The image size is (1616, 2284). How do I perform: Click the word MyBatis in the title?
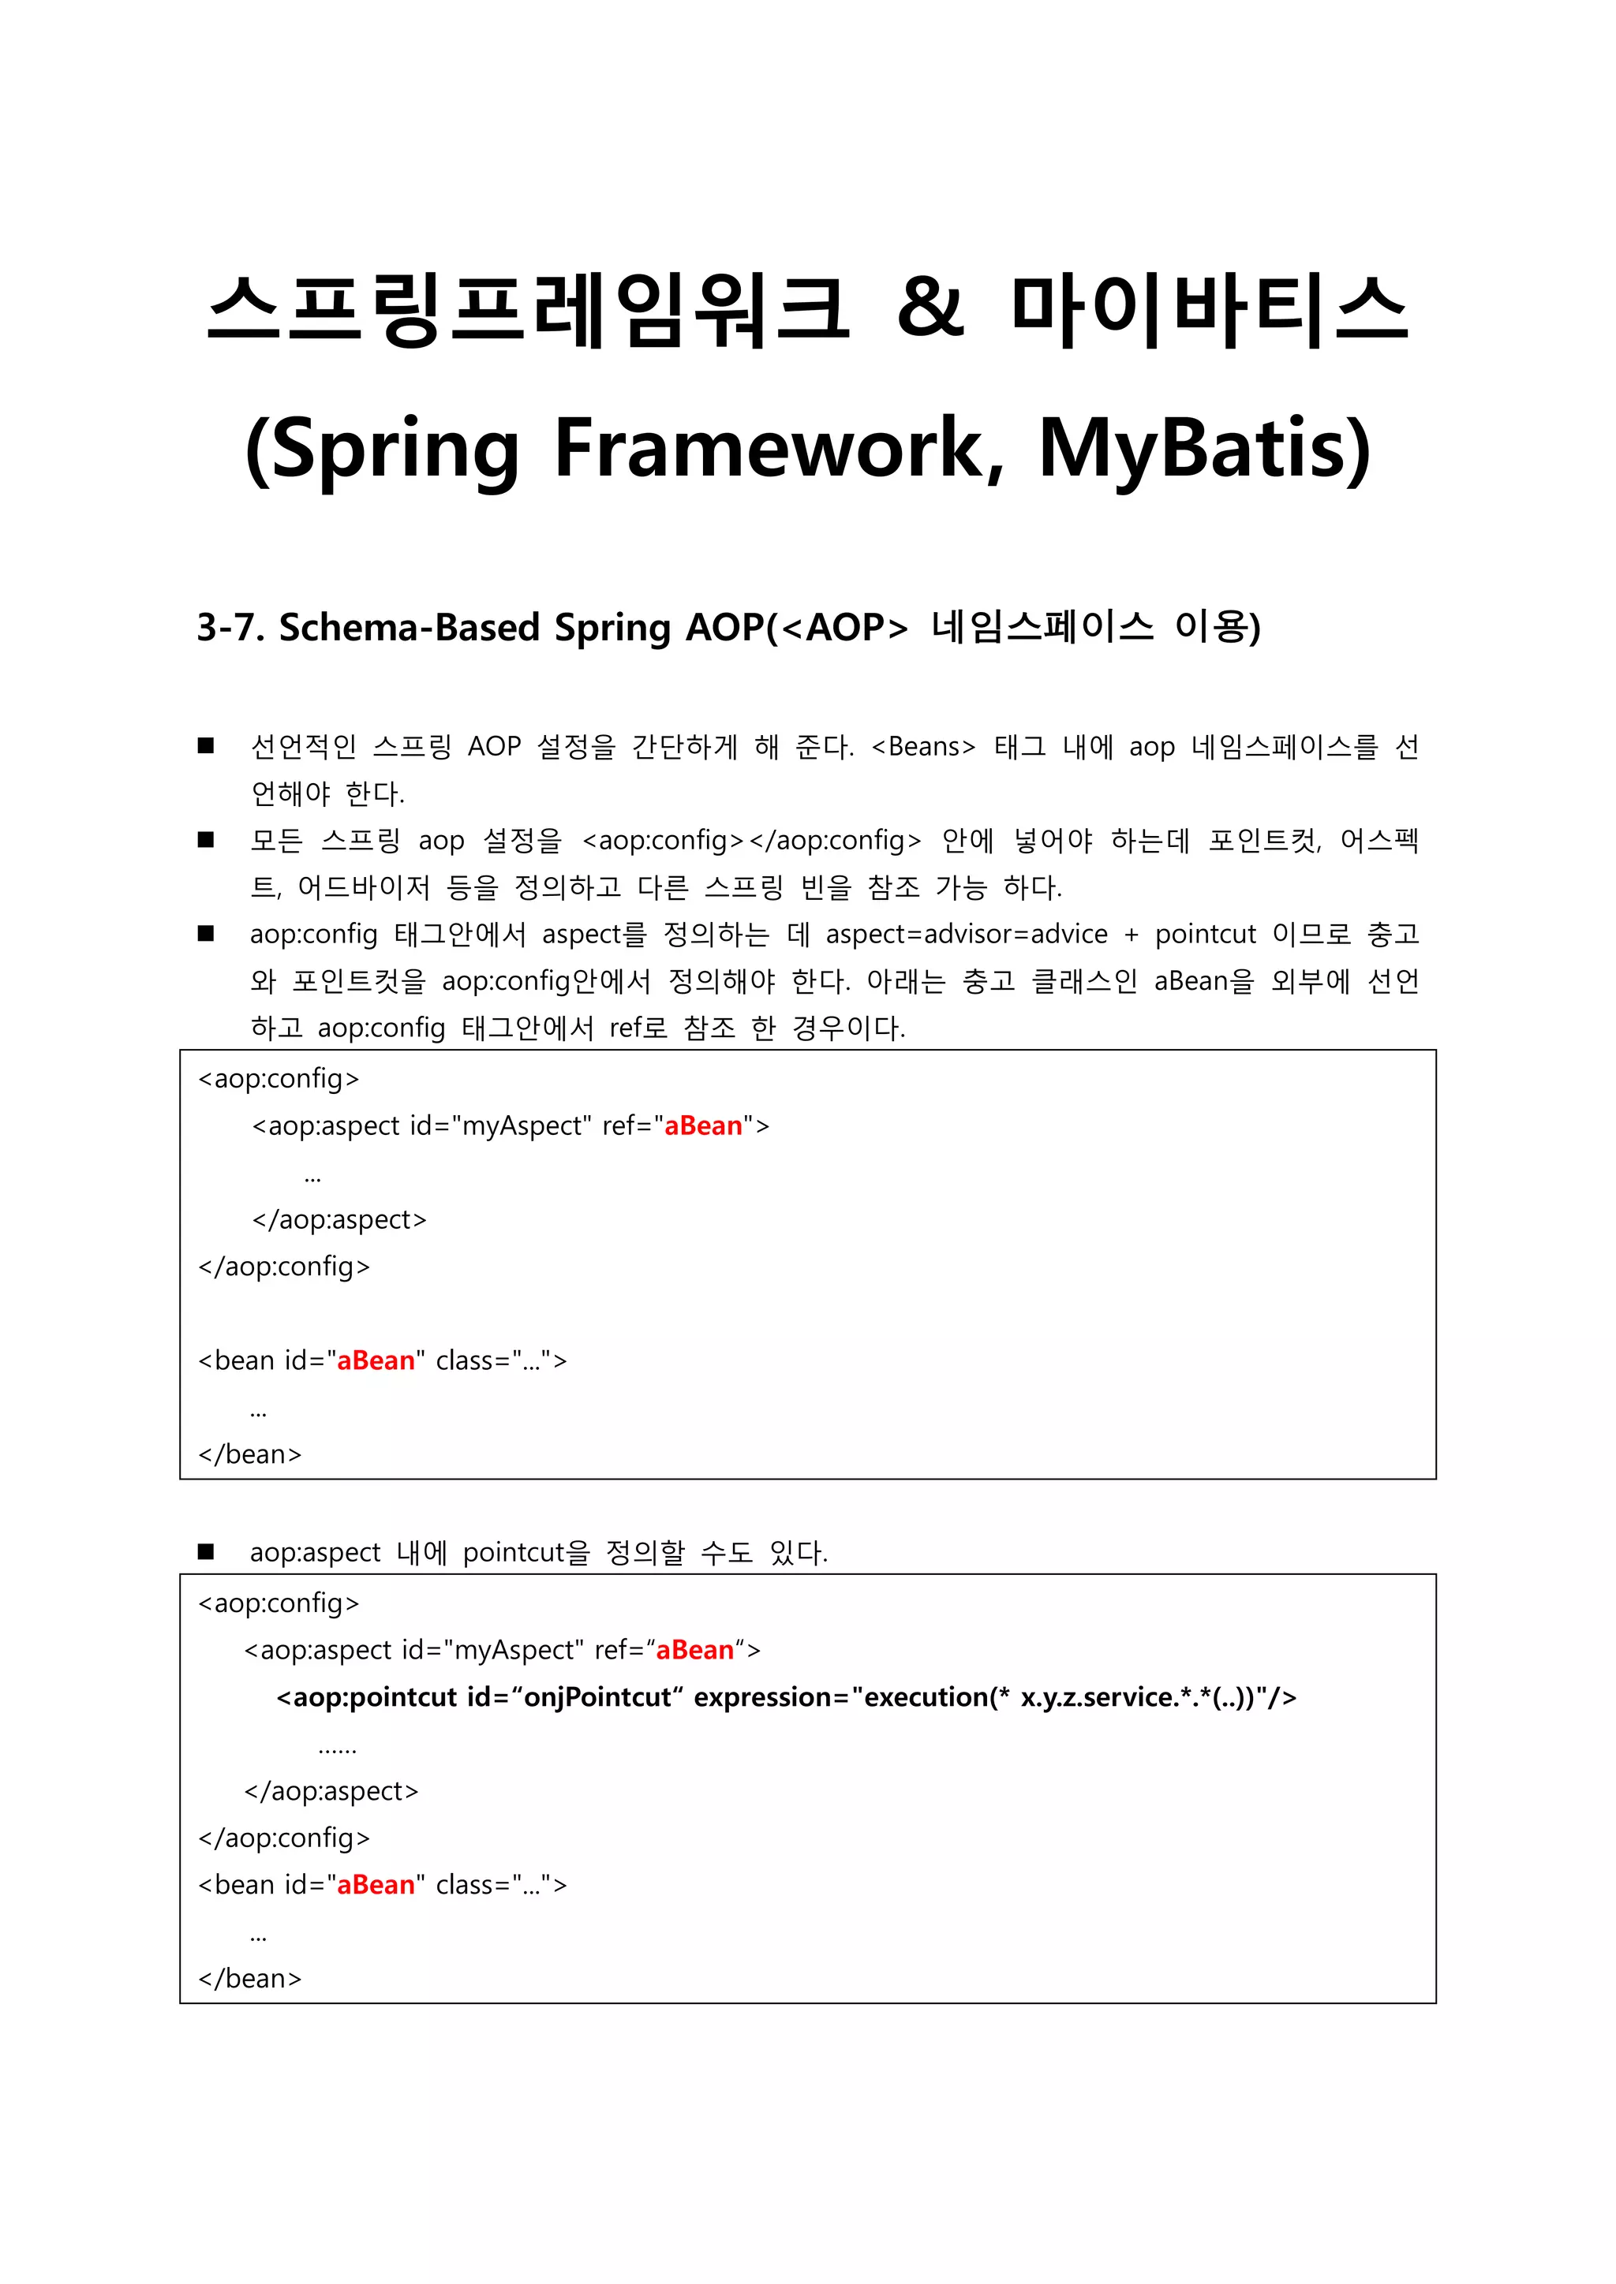point(1204,450)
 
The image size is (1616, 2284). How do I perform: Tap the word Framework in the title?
point(778,450)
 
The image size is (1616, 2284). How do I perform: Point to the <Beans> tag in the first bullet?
point(922,747)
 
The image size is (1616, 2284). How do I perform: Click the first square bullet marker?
point(206,746)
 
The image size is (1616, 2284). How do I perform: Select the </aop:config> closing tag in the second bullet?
point(834,841)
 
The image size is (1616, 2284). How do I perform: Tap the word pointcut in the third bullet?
point(1205,934)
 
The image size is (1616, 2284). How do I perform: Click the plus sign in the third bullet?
point(1131,934)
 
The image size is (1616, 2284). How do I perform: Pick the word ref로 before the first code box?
point(638,1028)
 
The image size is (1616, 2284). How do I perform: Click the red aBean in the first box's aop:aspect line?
point(702,1125)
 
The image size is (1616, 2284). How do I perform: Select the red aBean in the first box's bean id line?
point(375,1360)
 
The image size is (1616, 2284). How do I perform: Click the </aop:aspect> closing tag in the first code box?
point(339,1219)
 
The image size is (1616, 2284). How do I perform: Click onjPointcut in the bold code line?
point(597,1696)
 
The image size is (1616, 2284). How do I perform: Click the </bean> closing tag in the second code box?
point(250,1979)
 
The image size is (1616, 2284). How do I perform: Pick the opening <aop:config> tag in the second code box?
point(279,1603)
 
